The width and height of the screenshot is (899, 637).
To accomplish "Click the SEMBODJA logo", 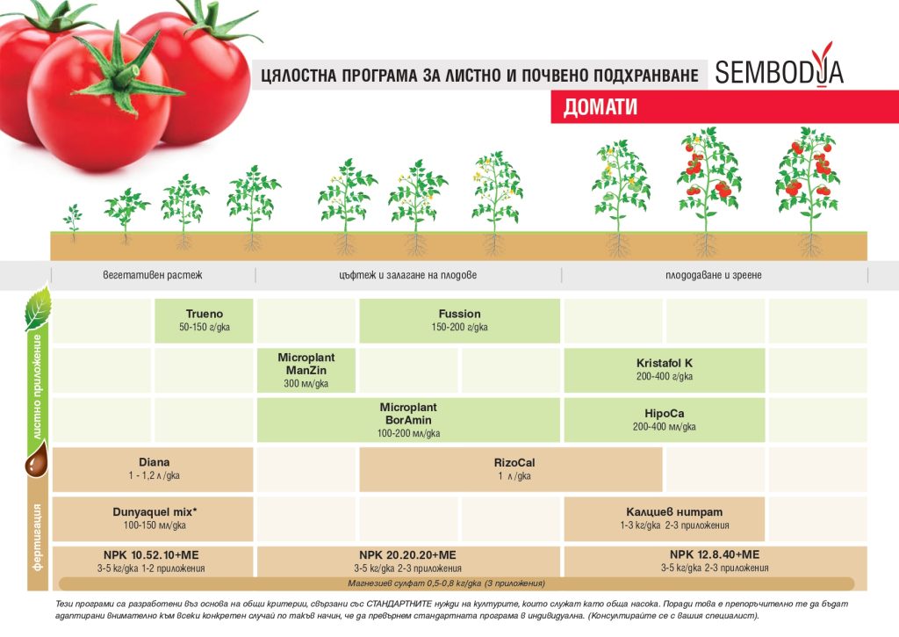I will click(x=779, y=71).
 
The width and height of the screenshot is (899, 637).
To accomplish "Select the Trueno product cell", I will click(x=204, y=321).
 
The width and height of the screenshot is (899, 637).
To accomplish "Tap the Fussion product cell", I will click(x=459, y=321).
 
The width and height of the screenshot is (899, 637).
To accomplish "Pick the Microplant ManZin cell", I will click(x=306, y=371).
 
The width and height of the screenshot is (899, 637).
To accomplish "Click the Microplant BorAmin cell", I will click(x=408, y=420).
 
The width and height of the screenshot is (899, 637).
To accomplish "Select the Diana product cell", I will click(x=153, y=469).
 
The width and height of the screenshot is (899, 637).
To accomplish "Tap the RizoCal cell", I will click(x=510, y=469).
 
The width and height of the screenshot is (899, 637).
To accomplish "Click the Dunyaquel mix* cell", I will click(x=153, y=518).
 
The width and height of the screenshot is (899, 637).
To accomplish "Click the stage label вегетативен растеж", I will click(x=153, y=275).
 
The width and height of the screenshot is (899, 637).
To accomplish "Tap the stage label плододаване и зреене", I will click(x=714, y=275).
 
